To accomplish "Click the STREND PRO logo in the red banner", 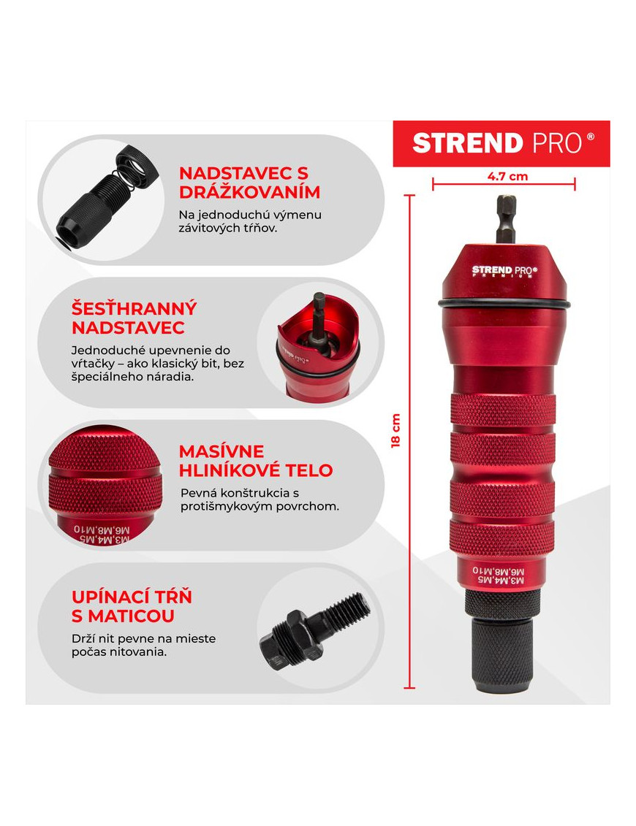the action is point(503,143).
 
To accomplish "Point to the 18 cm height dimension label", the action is point(395,430).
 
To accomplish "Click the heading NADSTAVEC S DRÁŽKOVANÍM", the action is point(249,183).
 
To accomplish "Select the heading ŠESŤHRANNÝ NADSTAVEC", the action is point(134,318).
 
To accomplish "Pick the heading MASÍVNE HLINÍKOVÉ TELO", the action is point(256,461).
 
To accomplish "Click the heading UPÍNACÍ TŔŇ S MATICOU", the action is point(132,606).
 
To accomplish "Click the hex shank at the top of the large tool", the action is point(507,218).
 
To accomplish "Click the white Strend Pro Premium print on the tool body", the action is point(504,271).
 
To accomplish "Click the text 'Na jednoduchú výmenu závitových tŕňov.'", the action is point(250,222).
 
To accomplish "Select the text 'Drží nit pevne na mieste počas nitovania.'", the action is point(143,646).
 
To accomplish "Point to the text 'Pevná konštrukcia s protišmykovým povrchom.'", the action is point(260,500).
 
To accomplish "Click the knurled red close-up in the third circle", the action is point(105,486).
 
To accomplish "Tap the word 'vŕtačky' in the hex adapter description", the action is point(90,364).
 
